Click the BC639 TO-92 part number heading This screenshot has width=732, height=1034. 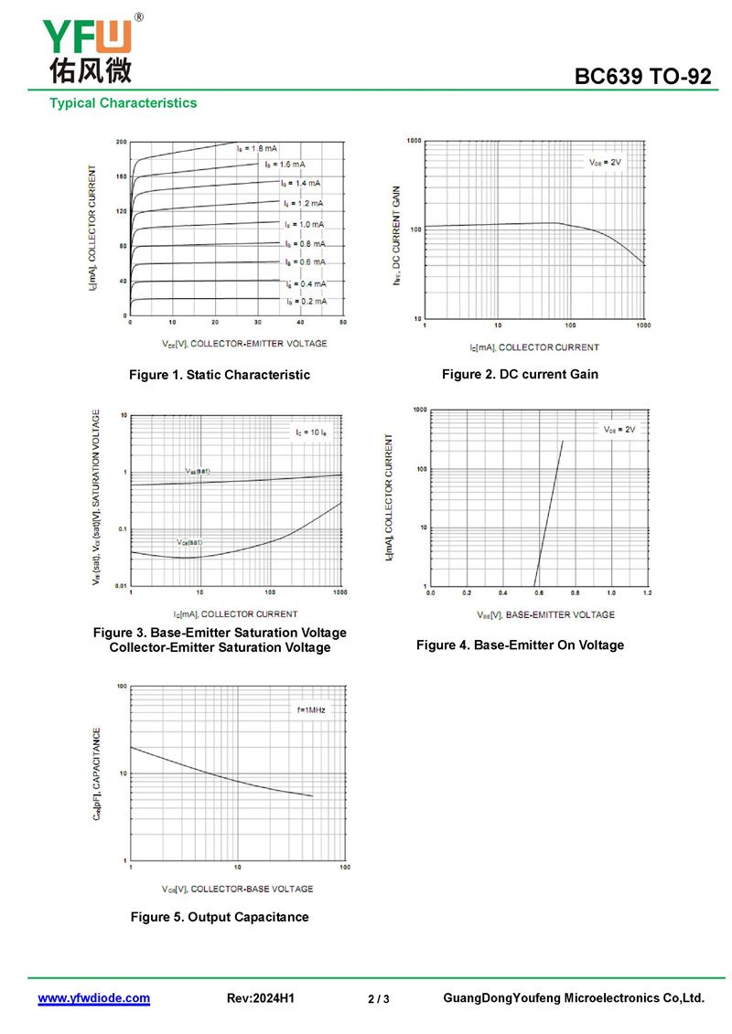(x=642, y=77)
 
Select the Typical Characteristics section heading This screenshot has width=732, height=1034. (x=123, y=102)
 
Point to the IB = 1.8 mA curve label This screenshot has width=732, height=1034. (x=257, y=147)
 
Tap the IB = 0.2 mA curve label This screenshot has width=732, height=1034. (x=306, y=301)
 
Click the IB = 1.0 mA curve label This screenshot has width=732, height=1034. (x=304, y=224)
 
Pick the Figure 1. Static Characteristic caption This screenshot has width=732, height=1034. (x=220, y=375)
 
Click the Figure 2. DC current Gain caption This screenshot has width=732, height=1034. (x=520, y=374)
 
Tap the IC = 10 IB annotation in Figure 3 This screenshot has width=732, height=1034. (x=311, y=431)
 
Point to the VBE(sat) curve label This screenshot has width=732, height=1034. (x=198, y=471)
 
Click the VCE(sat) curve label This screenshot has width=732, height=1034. (x=189, y=542)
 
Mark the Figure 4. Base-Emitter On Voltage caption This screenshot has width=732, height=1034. (x=520, y=645)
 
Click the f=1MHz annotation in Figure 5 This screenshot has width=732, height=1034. (x=310, y=709)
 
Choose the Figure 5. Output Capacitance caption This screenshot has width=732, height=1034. (x=220, y=917)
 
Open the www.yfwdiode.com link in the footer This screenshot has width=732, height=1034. (x=93, y=998)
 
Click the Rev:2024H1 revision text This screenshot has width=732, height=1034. (x=260, y=998)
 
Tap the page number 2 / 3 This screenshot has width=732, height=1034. (x=379, y=999)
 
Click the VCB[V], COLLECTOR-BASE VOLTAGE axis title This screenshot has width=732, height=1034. (x=237, y=889)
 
